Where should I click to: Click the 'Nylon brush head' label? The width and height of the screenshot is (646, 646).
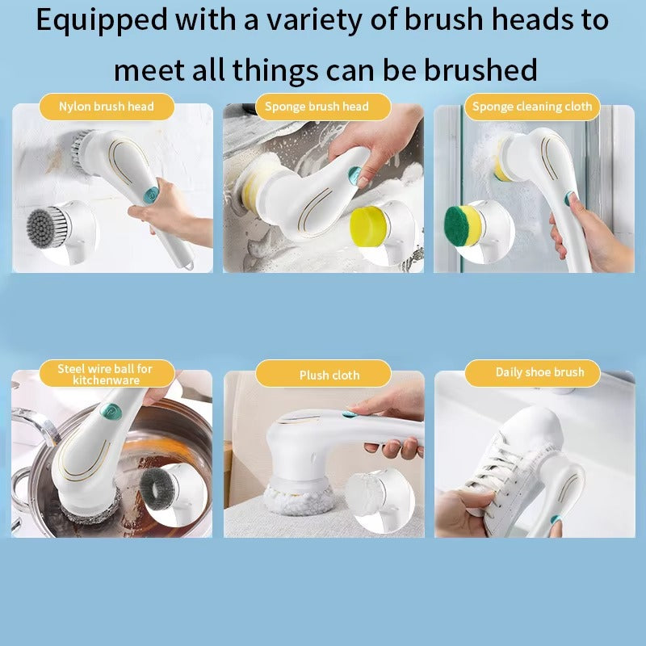click(x=106, y=107)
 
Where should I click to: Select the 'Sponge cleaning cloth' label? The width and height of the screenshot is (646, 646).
click(x=532, y=107)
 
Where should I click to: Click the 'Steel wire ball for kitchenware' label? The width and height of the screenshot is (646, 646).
click(x=106, y=374)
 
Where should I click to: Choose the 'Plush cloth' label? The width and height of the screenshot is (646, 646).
click(x=329, y=375)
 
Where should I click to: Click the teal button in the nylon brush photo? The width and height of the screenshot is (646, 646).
click(x=150, y=194)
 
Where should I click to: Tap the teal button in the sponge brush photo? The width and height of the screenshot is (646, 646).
click(x=353, y=173)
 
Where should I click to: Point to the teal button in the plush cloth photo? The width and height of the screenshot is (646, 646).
click(x=349, y=414)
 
